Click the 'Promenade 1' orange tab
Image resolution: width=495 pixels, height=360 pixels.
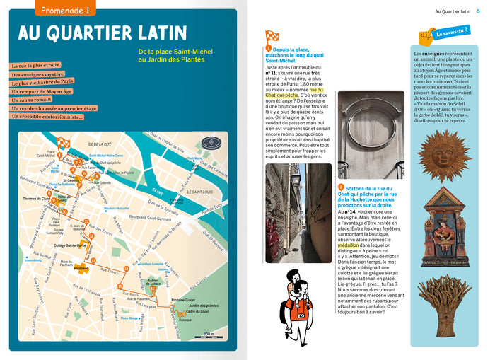coord(65,11)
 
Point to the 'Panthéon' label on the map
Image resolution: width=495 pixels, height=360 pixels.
coord(81,269)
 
